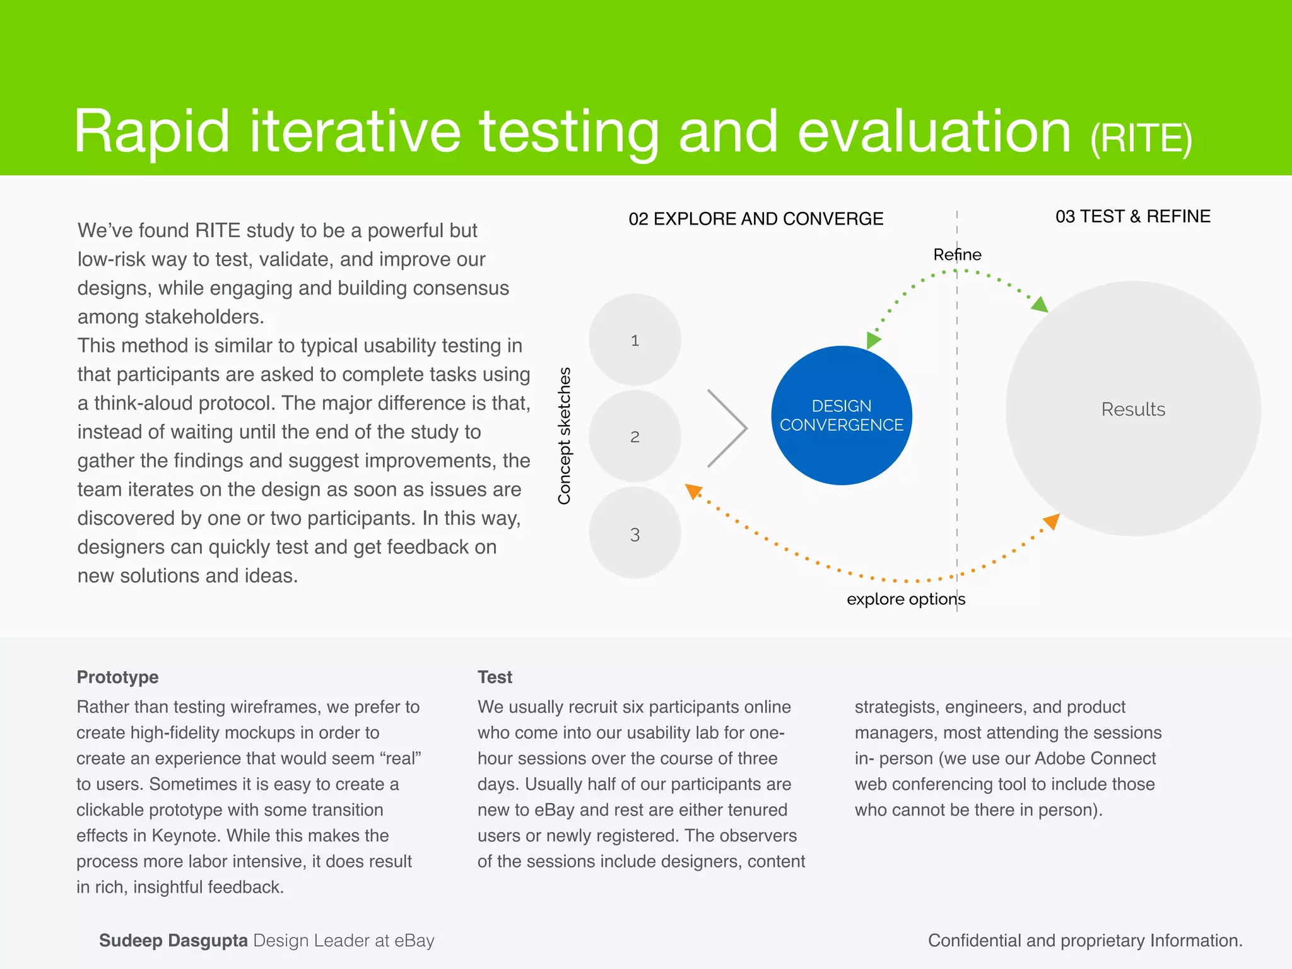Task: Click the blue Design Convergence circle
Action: click(842, 415)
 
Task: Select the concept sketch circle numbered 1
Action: click(635, 340)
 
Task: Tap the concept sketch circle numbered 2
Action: click(635, 437)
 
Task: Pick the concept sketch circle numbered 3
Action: click(635, 534)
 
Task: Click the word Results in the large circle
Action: click(1133, 409)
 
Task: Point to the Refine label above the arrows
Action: click(957, 254)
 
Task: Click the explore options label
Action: click(905, 599)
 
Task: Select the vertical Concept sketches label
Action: click(564, 436)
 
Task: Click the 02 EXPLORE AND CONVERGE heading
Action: click(756, 219)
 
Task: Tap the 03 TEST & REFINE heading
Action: click(1132, 216)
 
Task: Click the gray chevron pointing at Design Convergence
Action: click(729, 428)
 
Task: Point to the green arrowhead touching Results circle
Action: click(1040, 305)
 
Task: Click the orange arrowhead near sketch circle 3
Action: click(693, 491)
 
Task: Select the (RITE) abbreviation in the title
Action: click(1141, 138)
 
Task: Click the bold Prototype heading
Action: click(117, 677)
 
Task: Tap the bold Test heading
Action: click(495, 677)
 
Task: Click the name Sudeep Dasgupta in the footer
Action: click(173, 941)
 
